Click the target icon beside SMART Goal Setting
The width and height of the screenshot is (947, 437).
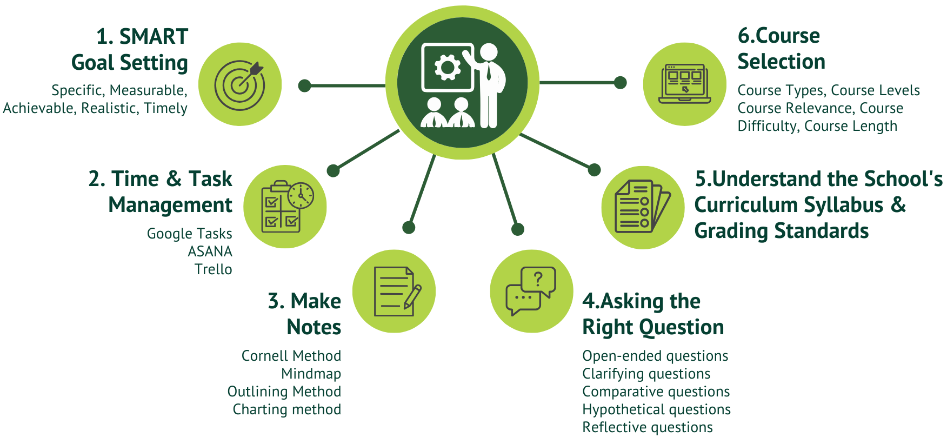pos(240,84)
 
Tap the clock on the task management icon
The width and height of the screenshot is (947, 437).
pos(301,195)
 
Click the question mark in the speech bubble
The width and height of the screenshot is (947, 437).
pos(538,279)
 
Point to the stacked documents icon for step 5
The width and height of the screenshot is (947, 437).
pos(642,207)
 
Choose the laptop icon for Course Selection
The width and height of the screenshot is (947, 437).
pos(684,84)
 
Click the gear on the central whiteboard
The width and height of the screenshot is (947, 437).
pos(448,68)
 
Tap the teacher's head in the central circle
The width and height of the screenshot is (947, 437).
pos(489,52)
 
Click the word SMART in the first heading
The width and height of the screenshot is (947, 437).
pos(154,37)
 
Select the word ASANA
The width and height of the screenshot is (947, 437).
pos(210,251)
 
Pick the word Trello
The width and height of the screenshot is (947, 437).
pos(213,269)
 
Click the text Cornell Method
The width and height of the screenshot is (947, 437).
pos(291,356)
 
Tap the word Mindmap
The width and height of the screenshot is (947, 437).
pos(311,374)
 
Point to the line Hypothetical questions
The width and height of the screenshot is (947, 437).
pos(656,409)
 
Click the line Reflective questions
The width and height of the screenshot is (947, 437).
pos(647,427)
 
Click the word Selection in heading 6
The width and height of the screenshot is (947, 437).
pos(781,62)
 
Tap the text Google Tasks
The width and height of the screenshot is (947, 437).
pos(189,234)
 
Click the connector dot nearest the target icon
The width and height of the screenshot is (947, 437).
pos(305,85)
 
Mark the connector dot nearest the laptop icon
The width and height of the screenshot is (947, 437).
pos(621,83)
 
